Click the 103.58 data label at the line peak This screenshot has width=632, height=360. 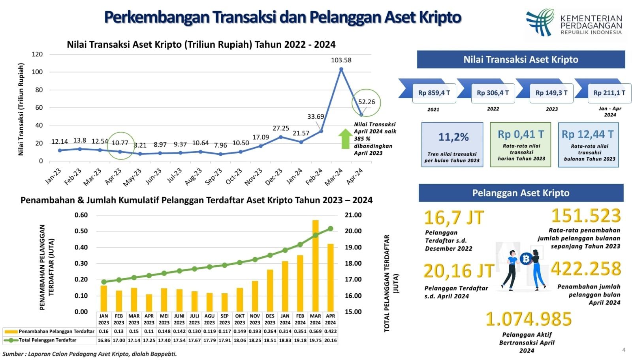pyautogui.click(x=341, y=60)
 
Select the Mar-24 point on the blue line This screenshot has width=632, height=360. pyautogui.click(x=341, y=69)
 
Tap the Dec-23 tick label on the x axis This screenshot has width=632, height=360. pyautogui.click(x=273, y=176)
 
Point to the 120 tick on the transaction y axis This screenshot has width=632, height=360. pyautogui.click(x=37, y=54)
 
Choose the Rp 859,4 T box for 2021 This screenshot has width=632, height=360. pyautogui.click(x=434, y=93)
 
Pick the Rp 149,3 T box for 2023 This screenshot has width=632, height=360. pyautogui.click(x=551, y=93)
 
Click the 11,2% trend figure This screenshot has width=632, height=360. pyautogui.click(x=453, y=137)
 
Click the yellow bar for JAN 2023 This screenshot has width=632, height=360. pyautogui.click(x=104, y=298)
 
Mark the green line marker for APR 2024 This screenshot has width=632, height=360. pyautogui.click(x=331, y=229)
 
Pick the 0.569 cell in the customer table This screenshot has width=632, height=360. pyautogui.click(x=315, y=331)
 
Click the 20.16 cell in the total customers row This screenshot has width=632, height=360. pyautogui.click(x=331, y=340)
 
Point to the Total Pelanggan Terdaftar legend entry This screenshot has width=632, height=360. pyautogui.click(x=47, y=340)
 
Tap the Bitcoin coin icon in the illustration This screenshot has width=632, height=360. pyautogui.click(x=525, y=259)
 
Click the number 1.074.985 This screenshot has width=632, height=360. pyautogui.click(x=528, y=319)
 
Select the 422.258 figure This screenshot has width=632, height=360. pyautogui.click(x=586, y=269)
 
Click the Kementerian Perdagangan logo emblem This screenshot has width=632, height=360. pyautogui.click(x=540, y=22)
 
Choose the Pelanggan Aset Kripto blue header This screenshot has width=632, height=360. pyautogui.click(x=521, y=193)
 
